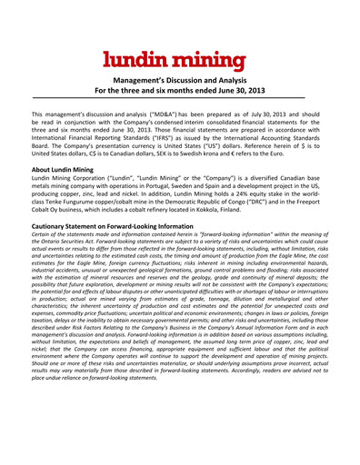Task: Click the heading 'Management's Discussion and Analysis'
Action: [180, 80]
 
